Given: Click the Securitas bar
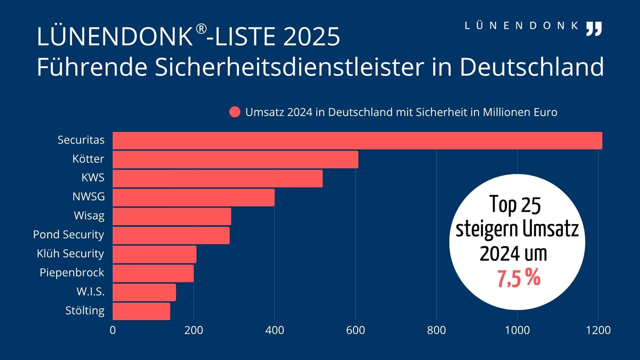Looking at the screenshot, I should point(357,140).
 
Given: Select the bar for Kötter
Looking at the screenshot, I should point(235,159).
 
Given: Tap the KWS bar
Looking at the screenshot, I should point(218,178).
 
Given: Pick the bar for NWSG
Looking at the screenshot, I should point(194,197).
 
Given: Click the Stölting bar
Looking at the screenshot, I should point(141,311).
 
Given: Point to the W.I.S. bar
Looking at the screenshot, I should point(144,292).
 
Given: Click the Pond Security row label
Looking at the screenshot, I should point(69,235).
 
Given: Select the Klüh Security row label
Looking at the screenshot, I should point(70,254).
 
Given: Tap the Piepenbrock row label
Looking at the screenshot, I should point(72,273).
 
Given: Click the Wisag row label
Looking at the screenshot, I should point(89,216).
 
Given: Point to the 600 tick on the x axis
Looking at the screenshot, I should point(355,330).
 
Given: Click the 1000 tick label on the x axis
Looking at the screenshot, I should point(517,330).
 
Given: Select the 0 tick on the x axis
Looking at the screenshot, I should point(113,330).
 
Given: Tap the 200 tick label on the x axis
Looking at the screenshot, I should point(194,330).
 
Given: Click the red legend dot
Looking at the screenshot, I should point(235,112).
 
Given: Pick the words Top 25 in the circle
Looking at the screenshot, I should point(515,205).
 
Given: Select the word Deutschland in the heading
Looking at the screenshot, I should point(532,67).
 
